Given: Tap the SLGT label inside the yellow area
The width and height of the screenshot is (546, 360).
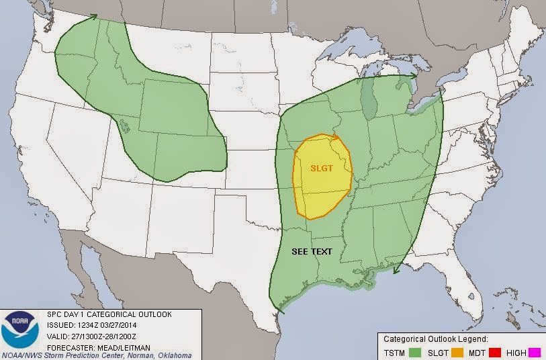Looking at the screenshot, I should pos(322,169).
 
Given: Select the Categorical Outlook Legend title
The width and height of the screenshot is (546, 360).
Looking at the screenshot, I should pos(435,339).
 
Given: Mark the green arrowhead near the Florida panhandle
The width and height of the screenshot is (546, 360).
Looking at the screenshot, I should pos(397,271).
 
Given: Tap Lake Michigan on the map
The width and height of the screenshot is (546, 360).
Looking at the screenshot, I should pos(368,101).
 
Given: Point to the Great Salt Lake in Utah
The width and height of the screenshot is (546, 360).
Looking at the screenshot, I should pos(124,126).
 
